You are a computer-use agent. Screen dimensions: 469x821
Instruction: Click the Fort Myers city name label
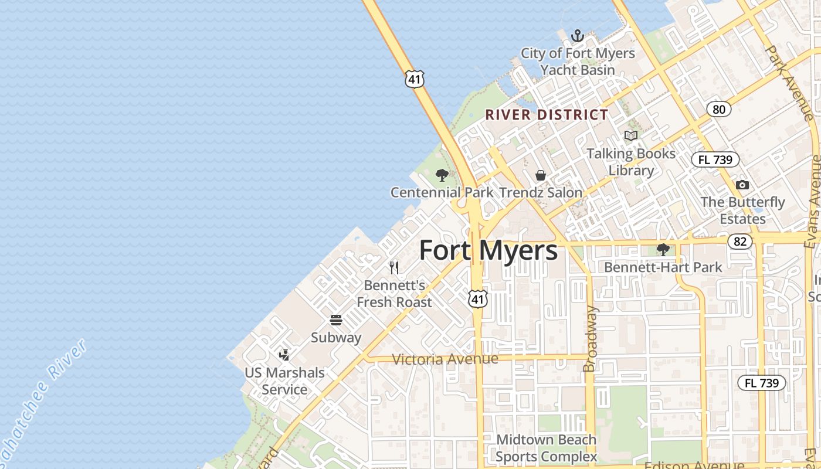[x=488, y=250]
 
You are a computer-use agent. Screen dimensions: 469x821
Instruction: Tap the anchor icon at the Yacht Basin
[x=578, y=36]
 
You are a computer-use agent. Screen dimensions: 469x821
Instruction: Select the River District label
[x=547, y=115]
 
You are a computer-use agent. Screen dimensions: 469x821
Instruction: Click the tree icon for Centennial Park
[x=442, y=175]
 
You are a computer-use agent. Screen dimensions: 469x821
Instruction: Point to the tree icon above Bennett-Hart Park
[x=663, y=250]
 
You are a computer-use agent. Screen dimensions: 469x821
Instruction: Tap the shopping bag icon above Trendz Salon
[x=540, y=175]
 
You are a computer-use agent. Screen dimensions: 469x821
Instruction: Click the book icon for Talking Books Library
[x=630, y=136]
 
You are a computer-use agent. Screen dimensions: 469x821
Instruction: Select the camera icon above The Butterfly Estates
[x=742, y=185]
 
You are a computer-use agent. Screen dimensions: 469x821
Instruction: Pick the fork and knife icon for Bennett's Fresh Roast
[x=394, y=268]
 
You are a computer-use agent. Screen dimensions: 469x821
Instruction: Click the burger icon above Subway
[x=336, y=320]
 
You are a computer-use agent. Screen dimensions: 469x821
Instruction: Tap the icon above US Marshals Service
[x=284, y=355]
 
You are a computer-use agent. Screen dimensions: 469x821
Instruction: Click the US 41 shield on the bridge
[x=414, y=79]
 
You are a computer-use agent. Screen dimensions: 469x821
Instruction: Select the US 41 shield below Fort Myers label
[x=478, y=299]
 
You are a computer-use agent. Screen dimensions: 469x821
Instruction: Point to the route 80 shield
[x=718, y=109]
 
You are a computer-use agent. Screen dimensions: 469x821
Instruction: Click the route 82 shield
[x=740, y=242]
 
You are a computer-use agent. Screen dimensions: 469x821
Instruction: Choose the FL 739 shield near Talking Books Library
[x=715, y=159]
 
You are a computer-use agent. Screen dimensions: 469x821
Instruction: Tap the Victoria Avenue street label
[x=445, y=359]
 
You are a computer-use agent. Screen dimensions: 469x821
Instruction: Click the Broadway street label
[x=590, y=339]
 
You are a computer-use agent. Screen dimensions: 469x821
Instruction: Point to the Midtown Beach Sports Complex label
[x=546, y=448]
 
